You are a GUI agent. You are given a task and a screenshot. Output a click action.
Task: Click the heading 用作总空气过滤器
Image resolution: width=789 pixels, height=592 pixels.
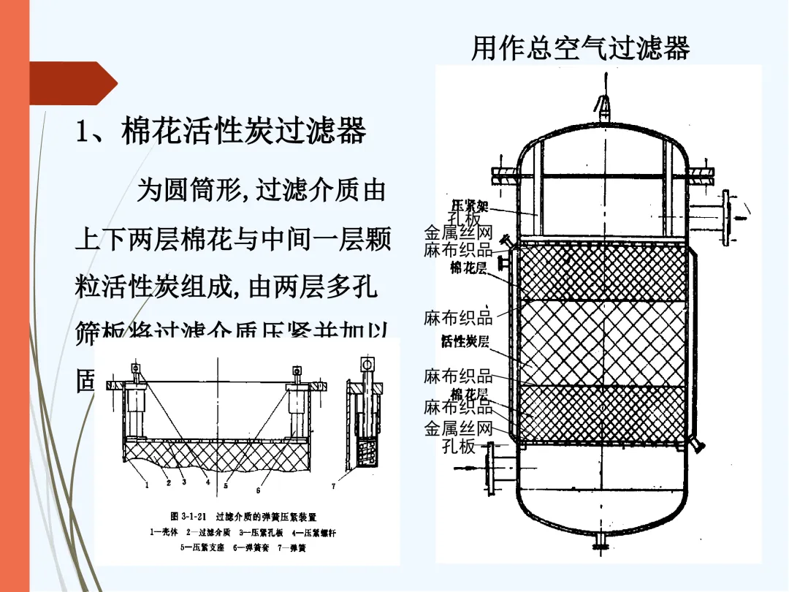point(580,49)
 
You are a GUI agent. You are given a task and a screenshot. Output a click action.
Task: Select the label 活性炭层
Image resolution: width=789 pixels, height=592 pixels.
point(465,342)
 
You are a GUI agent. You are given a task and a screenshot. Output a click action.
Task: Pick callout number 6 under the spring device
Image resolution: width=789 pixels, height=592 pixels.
point(258,489)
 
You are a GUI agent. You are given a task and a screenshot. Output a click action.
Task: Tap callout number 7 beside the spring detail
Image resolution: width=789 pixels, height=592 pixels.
point(334,485)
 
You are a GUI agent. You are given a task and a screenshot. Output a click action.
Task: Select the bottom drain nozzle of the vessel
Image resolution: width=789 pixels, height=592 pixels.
point(603,539)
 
